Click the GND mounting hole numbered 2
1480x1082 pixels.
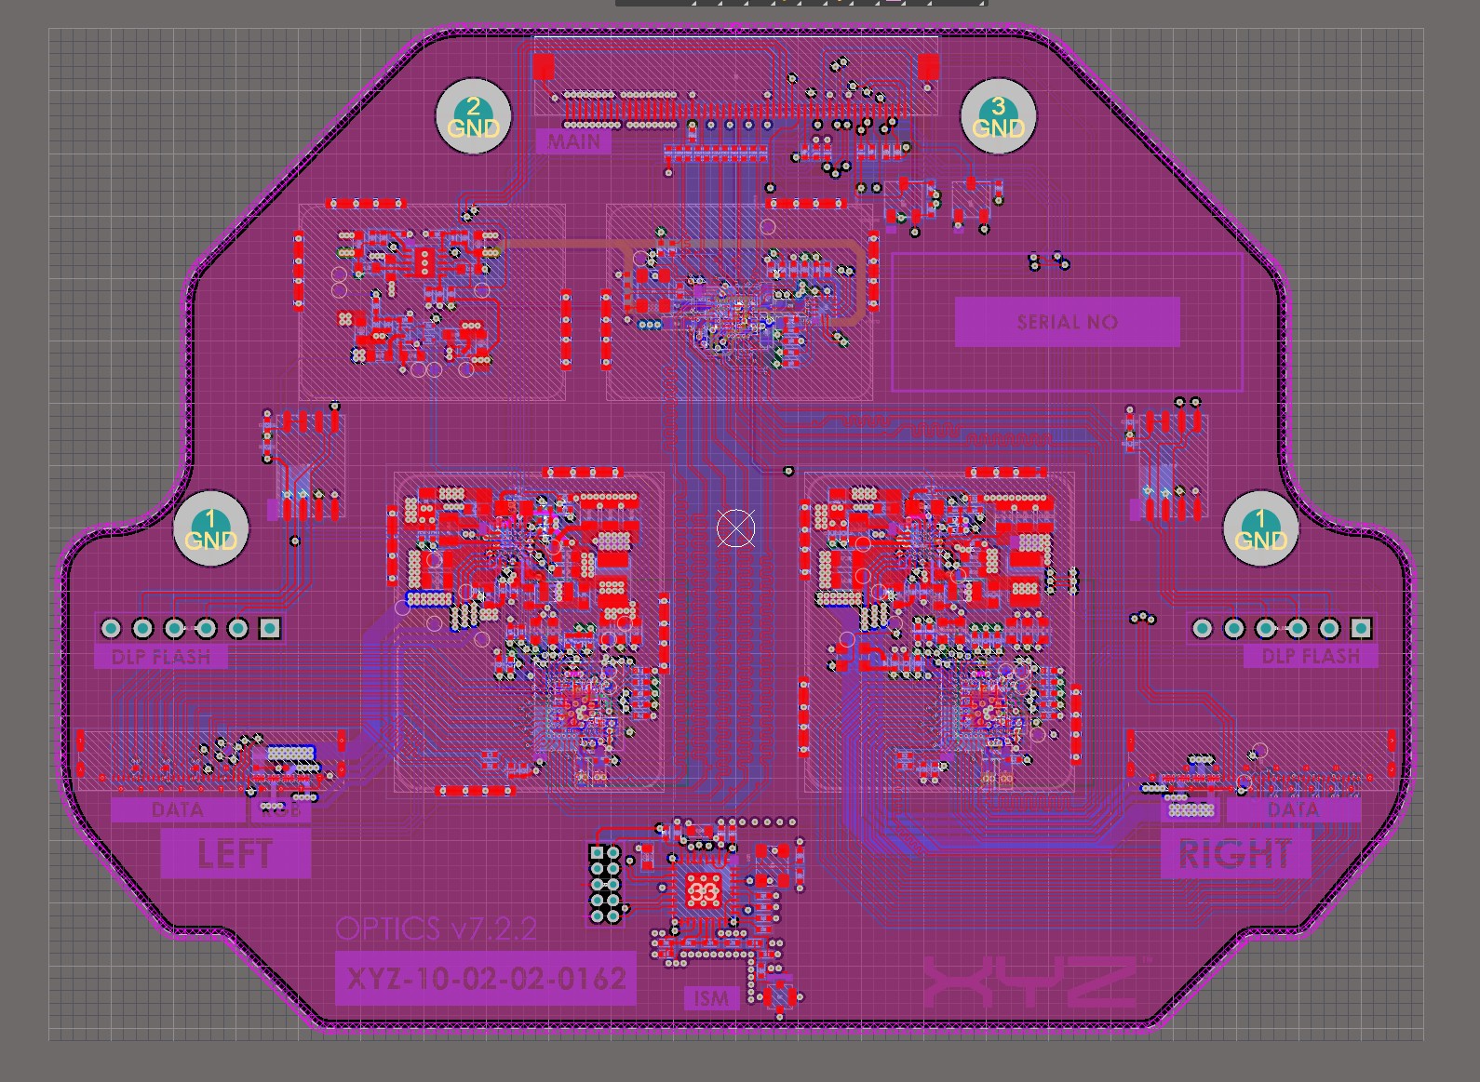[x=473, y=117]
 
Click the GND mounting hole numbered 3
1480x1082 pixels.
[x=998, y=117]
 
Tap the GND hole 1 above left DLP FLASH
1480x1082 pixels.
[x=210, y=529]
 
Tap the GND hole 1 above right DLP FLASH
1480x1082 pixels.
[x=1260, y=529]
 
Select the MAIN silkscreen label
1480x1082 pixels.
[x=573, y=141]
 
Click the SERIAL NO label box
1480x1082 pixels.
[x=1067, y=322]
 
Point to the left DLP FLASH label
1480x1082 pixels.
[x=161, y=657]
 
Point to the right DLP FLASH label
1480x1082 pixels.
[x=1310, y=657]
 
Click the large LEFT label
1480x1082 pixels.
[x=235, y=854]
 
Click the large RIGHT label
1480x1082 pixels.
[x=1234, y=854]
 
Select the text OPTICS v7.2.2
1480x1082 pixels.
[x=436, y=928]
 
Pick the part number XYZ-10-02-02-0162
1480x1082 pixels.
[x=486, y=979]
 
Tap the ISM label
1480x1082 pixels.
[x=711, y=999]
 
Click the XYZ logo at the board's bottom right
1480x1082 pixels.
[x=1031, y=984]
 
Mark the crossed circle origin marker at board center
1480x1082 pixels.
[x=735, y=528]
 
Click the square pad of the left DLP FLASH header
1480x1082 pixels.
[x=270, y=628]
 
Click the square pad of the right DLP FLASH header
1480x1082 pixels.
[x=1361, y=628]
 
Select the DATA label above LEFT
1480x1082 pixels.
[x=177, y=810]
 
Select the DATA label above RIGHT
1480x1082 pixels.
[x=1292, y=810]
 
